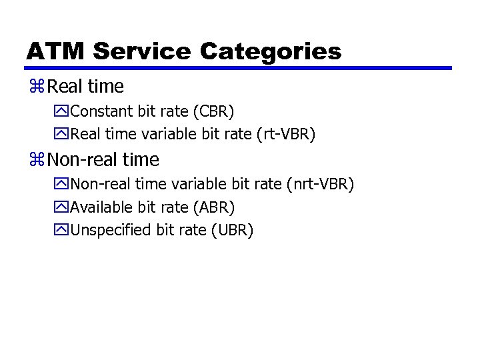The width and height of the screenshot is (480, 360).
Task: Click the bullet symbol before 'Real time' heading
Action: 37,87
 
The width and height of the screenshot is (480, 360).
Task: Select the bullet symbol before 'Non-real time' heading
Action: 37,160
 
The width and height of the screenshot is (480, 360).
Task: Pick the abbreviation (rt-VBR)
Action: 285,134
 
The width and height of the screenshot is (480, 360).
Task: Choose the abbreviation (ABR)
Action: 213,207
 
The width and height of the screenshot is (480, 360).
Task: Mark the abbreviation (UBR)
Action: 232,231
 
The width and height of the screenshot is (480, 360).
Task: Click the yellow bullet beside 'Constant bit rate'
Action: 62,111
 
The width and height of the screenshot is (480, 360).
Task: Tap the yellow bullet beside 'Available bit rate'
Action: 62,207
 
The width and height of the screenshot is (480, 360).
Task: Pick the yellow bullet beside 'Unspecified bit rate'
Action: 62,231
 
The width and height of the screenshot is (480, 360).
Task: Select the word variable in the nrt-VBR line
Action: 199,184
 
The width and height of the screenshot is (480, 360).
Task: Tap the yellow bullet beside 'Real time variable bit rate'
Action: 62,134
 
